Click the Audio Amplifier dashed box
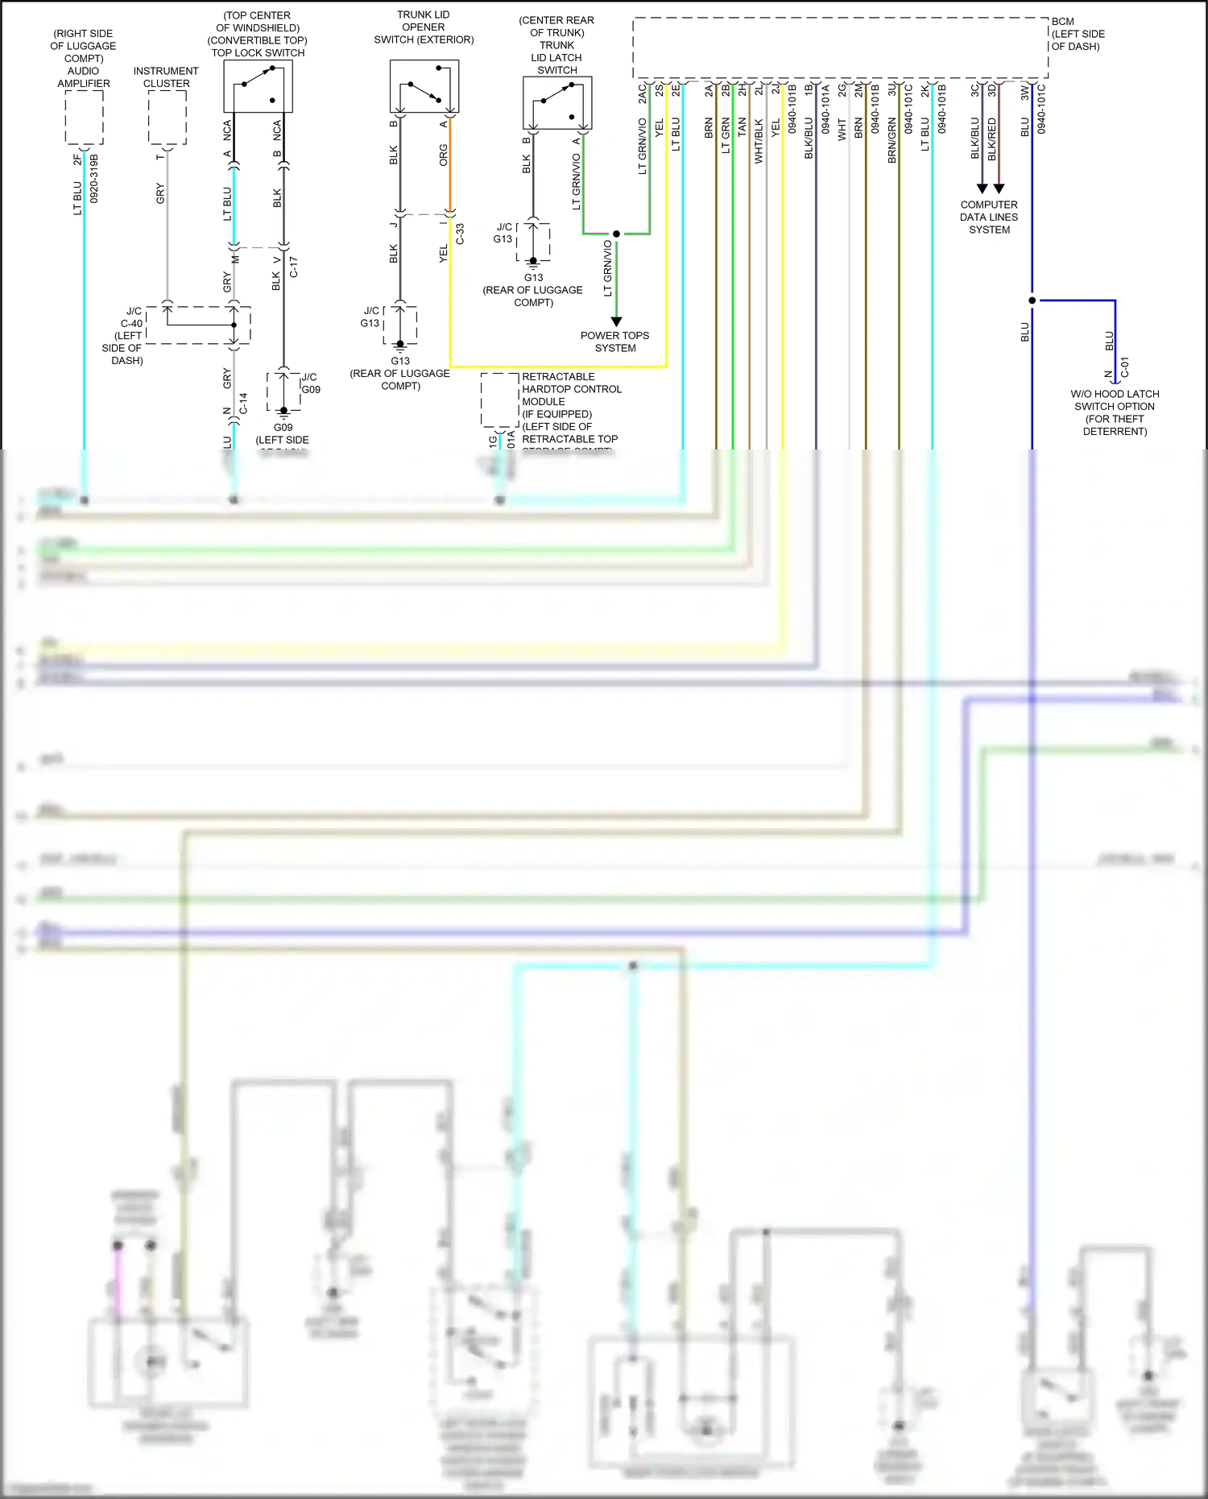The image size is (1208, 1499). coord(84,118)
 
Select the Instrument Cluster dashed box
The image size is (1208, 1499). coord(168,118)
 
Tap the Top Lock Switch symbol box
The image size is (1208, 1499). coord(258,86)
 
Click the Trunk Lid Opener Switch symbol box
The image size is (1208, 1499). coord(424,87)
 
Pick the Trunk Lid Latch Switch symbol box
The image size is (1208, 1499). coord(557,103)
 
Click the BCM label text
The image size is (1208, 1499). coord(1062,22)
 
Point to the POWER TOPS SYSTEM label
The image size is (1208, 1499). coord(615,342)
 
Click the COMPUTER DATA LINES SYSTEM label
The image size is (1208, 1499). coord(989,217)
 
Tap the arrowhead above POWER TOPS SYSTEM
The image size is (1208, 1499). coord(616,321)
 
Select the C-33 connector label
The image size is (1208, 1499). coord(460,234)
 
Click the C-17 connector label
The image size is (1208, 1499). coord(293,267)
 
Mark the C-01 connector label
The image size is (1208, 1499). coord(1125,367)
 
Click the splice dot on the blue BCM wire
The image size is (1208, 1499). coord(1032,300)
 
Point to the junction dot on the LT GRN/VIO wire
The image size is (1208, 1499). coord(616,234)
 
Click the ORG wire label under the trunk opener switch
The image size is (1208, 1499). coord(443,155)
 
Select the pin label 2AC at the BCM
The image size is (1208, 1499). coord(643,95)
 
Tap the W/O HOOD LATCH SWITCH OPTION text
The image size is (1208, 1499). coord(1115,400)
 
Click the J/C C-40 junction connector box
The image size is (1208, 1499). coord(198,325)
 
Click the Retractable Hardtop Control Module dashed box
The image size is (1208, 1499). coord(499,400)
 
